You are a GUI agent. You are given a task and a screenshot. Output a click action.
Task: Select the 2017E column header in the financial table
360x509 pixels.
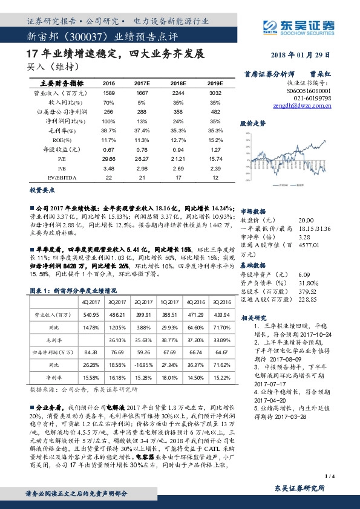click(142, 83)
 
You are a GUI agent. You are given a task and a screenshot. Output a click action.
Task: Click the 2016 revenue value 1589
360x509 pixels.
click(109, 93)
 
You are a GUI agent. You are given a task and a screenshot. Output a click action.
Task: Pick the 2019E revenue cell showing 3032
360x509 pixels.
click(215, 93)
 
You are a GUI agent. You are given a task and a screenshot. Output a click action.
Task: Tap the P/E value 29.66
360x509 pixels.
click(109, 158)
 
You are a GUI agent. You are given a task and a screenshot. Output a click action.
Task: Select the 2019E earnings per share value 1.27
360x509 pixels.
click(215, 149)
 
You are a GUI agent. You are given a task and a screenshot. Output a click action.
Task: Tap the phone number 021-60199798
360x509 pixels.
click(312, 97)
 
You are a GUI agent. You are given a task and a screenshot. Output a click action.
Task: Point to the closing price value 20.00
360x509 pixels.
click(307, 220)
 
